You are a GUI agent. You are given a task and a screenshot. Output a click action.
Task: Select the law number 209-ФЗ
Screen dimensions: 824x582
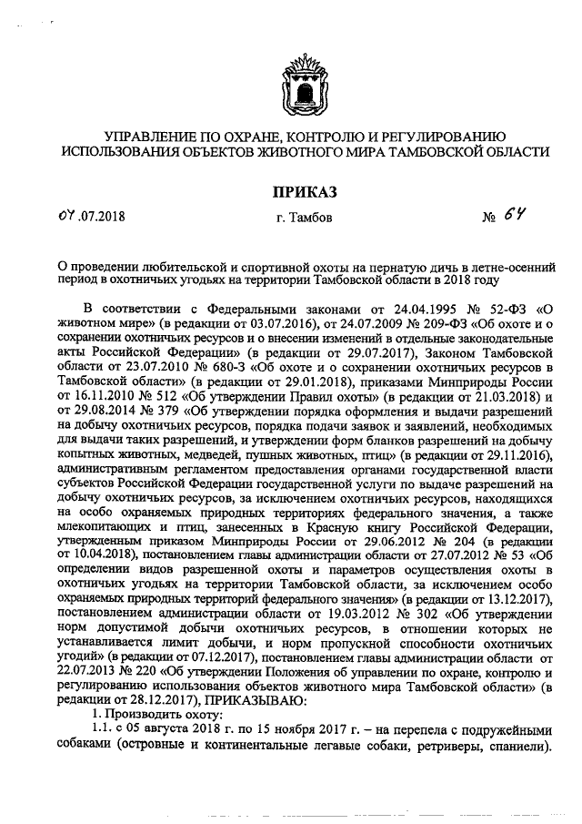(x=366, y=323)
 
